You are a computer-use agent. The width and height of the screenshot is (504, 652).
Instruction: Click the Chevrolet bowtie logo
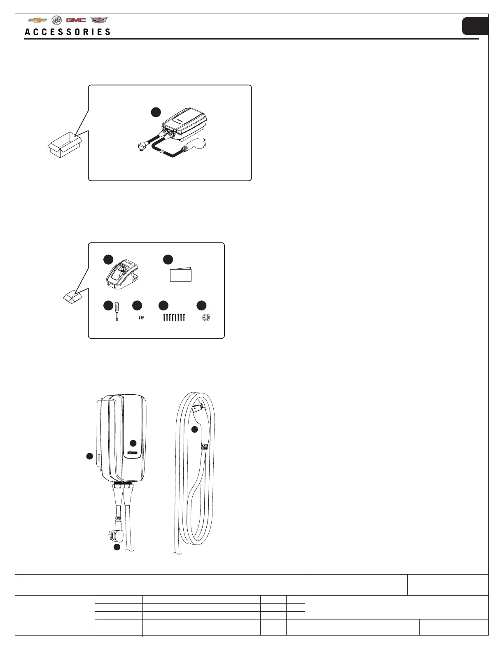37,20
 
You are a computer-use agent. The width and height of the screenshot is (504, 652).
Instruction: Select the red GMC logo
76,20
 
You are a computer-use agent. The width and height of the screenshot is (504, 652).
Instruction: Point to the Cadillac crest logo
98,20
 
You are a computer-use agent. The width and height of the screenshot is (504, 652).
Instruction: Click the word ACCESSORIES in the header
68,32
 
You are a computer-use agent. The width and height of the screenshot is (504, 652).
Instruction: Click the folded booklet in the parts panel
181,275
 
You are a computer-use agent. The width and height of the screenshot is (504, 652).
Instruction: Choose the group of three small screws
141,318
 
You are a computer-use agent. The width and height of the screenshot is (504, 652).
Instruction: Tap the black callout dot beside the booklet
168,259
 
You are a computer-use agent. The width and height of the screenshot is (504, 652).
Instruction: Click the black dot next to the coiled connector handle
195,429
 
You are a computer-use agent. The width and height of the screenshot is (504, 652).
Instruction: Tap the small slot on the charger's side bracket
99,457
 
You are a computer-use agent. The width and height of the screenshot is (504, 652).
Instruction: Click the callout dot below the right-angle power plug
117,547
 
